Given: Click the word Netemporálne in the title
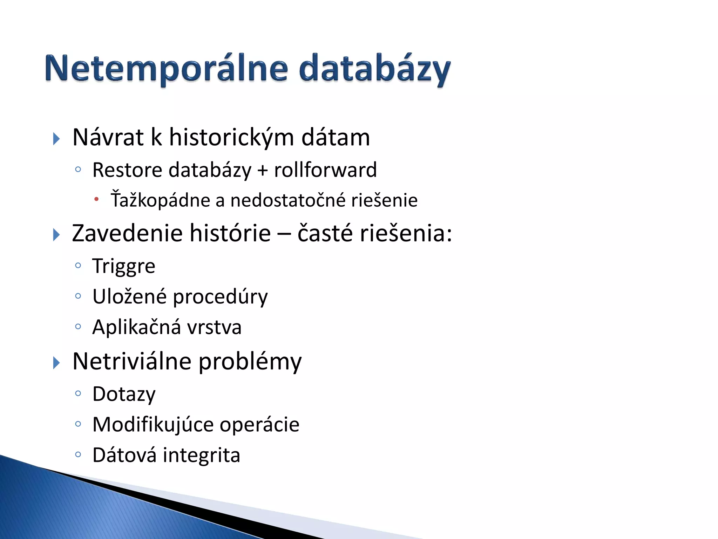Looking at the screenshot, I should [167, 69].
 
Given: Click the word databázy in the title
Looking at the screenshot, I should [374, 69].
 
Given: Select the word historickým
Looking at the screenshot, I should [231, 137].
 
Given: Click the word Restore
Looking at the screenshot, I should [127, 170].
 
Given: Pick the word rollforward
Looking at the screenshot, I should [325, 170].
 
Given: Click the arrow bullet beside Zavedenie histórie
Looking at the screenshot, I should [56, 234].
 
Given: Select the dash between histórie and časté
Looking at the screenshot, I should [284, 234].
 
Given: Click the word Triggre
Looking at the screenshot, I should [124, 266].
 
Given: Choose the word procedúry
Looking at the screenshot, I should [220, 297].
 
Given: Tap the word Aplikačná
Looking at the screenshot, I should [137, 327].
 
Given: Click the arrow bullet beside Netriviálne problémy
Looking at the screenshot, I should [56, 362].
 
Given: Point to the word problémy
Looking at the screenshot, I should [250, 361].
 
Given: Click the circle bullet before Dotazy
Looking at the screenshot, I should [78, 393].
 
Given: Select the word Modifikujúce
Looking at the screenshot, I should [153, 425].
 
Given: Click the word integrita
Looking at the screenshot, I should [202, 455].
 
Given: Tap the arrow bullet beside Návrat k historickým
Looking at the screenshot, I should [56, 139].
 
